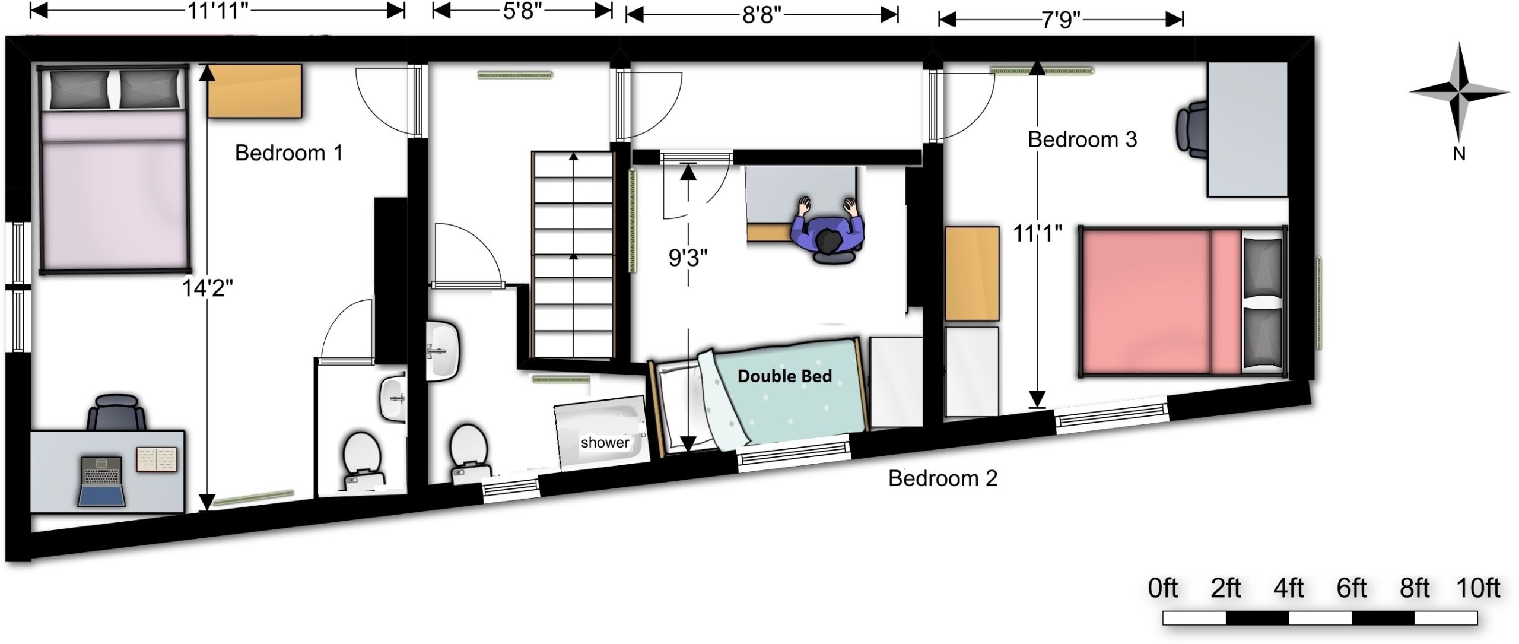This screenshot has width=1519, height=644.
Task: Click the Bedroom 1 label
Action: pos(289,153)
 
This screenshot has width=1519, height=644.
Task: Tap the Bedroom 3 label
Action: pos(1082,139)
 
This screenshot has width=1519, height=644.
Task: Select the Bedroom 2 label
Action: pos(943,478)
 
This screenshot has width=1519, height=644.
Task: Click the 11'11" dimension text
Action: pos(218,11)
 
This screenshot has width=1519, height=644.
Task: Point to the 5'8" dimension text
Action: pos(519,11)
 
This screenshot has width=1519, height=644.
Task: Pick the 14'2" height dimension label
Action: pos(207,288)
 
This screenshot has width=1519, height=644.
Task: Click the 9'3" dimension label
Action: pos(688,258)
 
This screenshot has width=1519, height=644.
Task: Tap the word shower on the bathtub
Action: pos(605,442)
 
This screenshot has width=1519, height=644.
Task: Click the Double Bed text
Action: pos(784,376)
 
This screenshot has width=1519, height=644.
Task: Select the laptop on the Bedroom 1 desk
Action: pos(102,481)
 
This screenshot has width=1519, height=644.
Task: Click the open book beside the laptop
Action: pos(157,459)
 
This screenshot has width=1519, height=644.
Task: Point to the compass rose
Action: pos(1459,93)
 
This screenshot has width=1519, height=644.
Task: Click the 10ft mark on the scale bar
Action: pos(1478,588)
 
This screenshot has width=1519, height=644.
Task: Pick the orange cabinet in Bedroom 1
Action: pos(255,91)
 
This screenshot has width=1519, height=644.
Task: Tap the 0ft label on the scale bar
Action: pos(1163,588)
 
